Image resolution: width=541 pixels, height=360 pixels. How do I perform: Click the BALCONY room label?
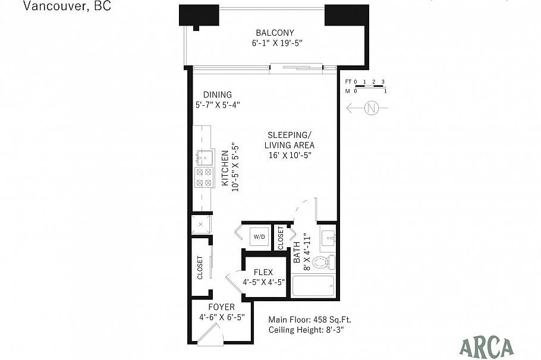point(275,33)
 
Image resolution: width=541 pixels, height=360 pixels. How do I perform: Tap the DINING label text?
point(218,95)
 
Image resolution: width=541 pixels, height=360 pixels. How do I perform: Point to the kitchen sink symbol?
point(205,157)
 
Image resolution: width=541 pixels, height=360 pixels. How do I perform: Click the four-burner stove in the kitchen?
point(205,176)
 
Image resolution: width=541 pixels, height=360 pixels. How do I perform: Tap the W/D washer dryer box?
point(259,237)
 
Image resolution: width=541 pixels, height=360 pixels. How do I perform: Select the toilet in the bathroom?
point(324,261)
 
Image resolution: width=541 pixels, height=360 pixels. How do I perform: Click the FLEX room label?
point(263,272)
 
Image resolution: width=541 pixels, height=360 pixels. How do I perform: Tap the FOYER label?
point(221,307)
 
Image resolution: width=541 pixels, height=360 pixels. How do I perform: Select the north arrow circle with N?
point(372,108)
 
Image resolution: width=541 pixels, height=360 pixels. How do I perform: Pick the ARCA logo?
point(486,345)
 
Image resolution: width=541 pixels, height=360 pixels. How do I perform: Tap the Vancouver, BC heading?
point(58,7)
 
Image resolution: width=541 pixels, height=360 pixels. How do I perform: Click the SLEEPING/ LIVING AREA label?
point(289,140)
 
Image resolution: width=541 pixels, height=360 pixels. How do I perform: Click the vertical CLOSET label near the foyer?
point(200,267)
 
